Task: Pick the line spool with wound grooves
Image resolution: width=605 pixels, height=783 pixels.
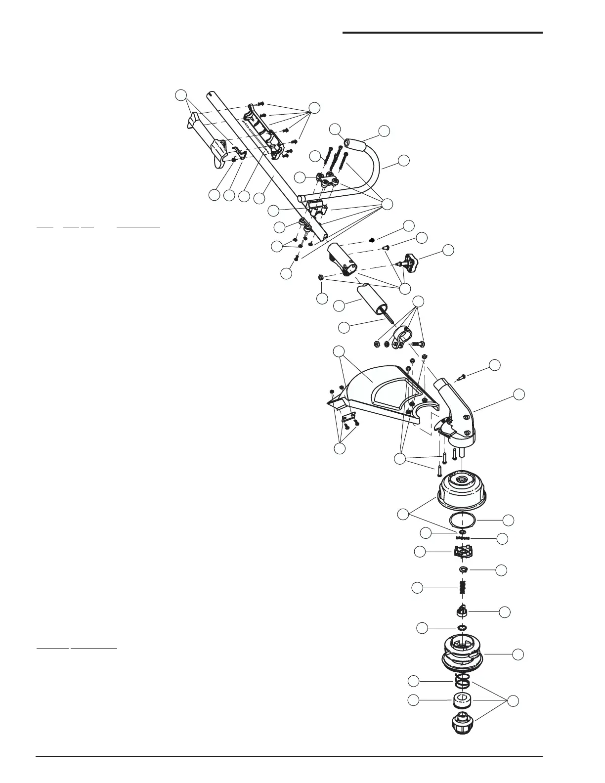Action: [463, 653]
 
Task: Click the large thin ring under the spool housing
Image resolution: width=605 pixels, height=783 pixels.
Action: [463, 520]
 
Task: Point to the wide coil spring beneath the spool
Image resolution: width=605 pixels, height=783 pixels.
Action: [463, 682]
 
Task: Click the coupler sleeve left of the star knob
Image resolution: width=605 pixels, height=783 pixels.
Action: [343, 258]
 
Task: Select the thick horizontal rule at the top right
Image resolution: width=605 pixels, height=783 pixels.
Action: [442, 33]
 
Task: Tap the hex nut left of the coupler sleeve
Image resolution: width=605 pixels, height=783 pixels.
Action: [321, 277]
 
